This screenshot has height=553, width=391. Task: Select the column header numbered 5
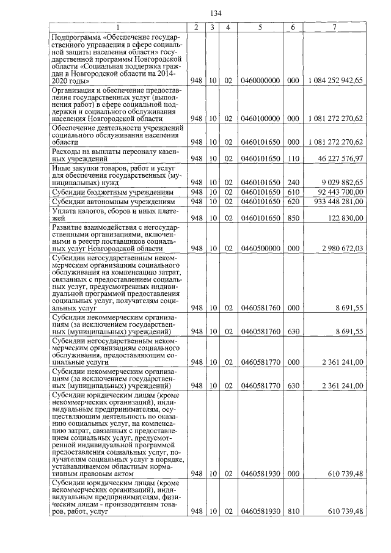coord(260,27)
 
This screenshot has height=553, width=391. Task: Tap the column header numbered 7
coord(334,27)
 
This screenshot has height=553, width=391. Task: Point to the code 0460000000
coord(260,80)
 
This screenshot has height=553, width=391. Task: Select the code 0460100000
coord(260,118)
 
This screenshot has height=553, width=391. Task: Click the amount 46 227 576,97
coord(340,158)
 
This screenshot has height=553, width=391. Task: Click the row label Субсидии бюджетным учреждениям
coord(104,192)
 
